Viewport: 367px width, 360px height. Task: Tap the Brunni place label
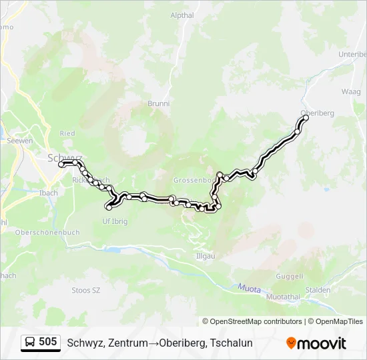click(158, 104)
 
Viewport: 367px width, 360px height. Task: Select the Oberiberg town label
click(317, 113)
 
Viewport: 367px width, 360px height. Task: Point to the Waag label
click(350, 91)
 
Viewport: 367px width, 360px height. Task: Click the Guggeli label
click(290, 276)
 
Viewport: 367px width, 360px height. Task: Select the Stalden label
click(317, 290)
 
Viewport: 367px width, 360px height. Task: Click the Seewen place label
click(19, 141)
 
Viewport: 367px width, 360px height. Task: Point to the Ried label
click(67, 133)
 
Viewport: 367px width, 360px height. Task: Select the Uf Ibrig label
click(114, 221)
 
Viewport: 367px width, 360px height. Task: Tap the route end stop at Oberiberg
click(306, 118)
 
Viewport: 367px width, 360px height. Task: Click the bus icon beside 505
click(30, 342)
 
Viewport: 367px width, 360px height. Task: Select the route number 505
click(48, 342)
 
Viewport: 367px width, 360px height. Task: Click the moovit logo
click(316, 343)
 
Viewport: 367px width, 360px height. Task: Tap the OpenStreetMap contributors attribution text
click(252, 321)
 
